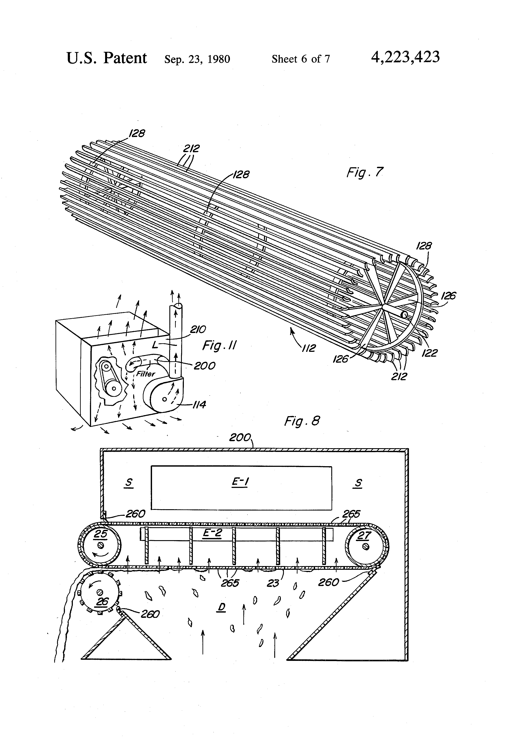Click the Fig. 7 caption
pos(365,173)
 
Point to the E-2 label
pos(212,533)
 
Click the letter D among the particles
pos(222,607)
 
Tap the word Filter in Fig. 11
pos(145,374)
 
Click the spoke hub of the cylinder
pos(383,305)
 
